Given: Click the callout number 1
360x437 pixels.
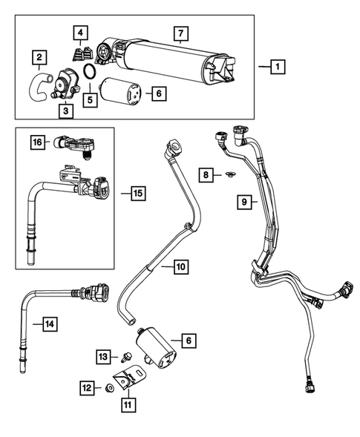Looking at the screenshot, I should coord(275,67).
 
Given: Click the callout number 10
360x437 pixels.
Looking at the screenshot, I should coord(181,265).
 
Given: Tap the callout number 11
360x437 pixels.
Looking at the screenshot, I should coord(128,404).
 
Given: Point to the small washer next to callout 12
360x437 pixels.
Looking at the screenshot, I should coord(110,388).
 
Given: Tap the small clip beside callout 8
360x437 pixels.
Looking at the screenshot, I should coord(229,175).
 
